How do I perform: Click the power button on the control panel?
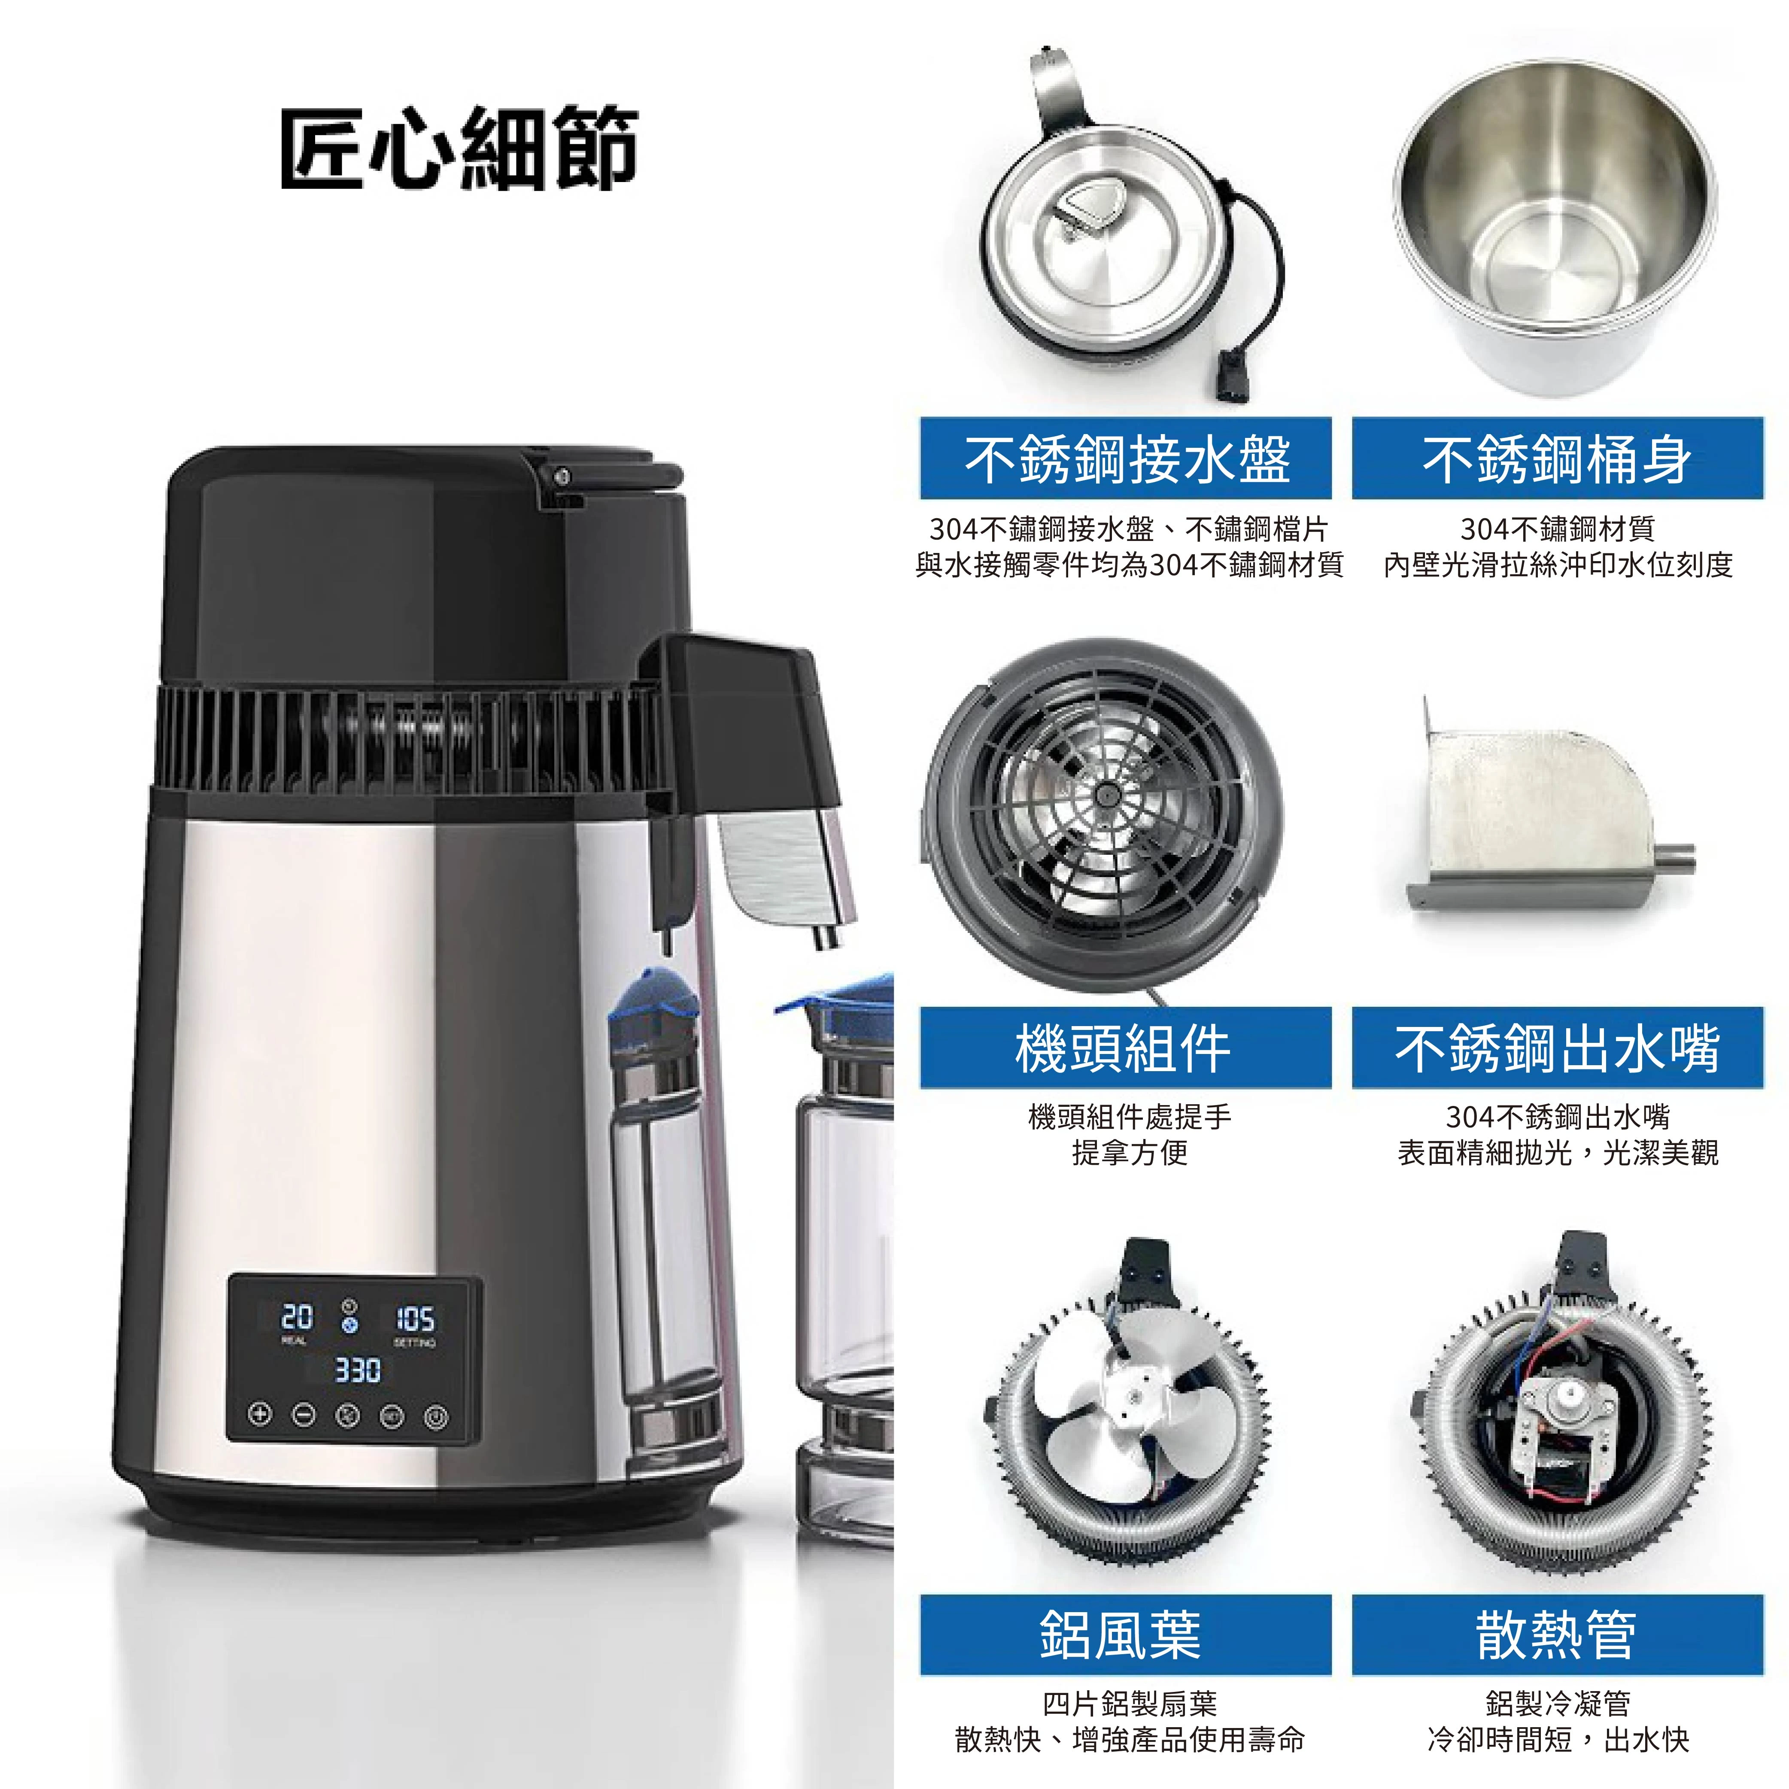coord(436,1417)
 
